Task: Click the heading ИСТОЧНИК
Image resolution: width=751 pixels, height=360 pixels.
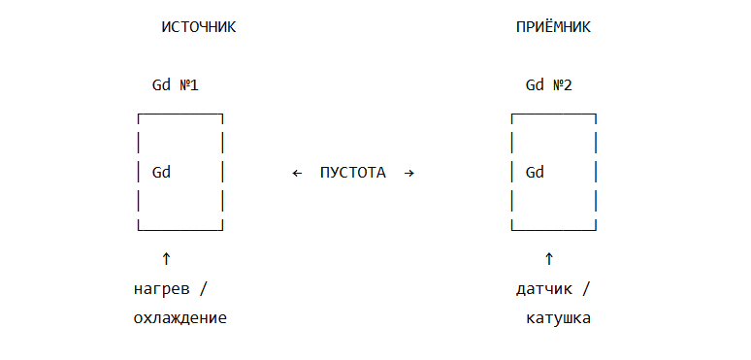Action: pos(199,27)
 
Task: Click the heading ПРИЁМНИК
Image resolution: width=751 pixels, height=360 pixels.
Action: pos(553,27)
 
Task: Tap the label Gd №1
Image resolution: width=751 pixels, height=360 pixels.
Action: pos(176,85)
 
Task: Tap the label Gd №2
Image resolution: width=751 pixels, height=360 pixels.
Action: pos(549,85)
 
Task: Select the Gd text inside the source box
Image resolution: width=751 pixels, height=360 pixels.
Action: pos(161,172)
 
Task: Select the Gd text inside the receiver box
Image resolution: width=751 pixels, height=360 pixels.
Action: pos(535,172)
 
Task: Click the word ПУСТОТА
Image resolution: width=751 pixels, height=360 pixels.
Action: pos(353,173)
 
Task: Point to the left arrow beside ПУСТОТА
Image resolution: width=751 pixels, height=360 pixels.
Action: pos(298,173)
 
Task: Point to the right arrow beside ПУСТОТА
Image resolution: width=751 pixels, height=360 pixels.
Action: pos(409,173)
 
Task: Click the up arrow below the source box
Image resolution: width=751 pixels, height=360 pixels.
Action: pos(166,259)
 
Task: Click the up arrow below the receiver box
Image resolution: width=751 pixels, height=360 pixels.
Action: pos(549,259)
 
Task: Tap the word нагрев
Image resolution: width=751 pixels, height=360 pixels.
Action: pos(161,289)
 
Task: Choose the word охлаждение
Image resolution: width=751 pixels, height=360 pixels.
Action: pos(180,318)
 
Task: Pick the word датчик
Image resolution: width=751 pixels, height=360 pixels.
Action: pos(544,289)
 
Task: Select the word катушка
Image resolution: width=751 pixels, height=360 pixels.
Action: pos(559,318)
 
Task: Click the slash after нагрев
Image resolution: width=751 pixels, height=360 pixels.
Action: pos(203,289)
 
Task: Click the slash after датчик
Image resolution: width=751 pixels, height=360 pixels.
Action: pos(586,289)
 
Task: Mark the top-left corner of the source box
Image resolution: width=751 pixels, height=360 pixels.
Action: pos(139,114)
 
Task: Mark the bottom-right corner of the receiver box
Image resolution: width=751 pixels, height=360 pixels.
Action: pos(596,230)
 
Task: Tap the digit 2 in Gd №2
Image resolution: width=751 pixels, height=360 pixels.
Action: pos(568,85)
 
